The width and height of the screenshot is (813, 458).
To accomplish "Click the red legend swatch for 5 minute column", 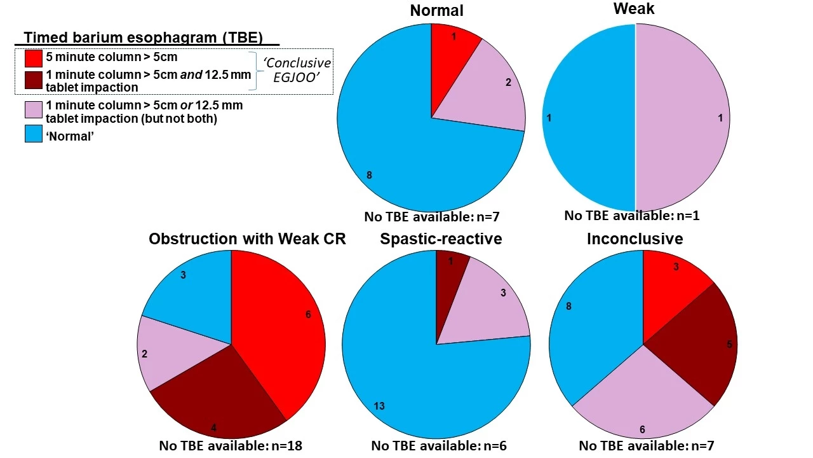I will coord(34,58).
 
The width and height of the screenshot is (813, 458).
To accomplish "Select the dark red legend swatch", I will coord(34,80).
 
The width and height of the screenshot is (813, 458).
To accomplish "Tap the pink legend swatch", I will coord(34,110).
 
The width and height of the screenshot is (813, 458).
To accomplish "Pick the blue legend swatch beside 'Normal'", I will coord(34,134).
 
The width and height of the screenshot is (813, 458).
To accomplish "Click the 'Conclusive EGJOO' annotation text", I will coord(297,71).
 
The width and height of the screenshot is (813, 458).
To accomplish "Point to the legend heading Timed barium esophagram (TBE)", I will coord(143,37).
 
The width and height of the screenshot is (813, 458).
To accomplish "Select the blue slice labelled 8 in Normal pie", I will coord(394,140).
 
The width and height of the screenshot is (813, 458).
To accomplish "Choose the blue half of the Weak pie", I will coord(588,118).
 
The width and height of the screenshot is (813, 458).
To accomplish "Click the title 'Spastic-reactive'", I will coord(441,239).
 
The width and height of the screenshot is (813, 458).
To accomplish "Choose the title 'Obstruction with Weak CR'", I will coord(247,239).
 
